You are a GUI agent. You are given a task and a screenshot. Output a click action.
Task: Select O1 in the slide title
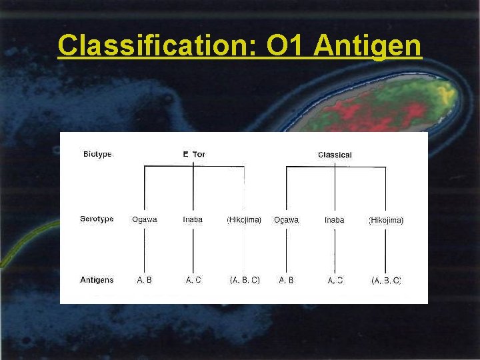[x=286, y=46]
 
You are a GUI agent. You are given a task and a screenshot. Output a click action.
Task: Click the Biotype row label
[x=97, y=154]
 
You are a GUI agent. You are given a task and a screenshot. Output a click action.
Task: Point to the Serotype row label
[x=97, y=219]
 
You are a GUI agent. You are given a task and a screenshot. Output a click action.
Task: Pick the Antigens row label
[x=97, y=280]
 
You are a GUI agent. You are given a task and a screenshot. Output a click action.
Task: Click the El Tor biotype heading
[x=194, y=154]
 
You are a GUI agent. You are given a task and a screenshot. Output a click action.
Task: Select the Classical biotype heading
[x=335, y=155]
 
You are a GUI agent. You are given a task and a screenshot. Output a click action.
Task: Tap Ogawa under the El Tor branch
[x=145, y=219]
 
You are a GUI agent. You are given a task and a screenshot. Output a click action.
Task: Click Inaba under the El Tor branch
[x=193, y=219]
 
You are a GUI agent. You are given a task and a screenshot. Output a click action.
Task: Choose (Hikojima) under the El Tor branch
[x=244, y=219]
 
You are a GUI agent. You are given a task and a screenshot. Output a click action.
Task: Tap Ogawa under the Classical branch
[x=286, y=219]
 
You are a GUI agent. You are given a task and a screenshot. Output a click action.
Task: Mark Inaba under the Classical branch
[x=335, y=219]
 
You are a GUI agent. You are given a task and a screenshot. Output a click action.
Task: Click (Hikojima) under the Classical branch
[x=386, y=220]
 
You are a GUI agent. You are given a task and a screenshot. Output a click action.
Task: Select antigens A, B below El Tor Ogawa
[x=145, y=280]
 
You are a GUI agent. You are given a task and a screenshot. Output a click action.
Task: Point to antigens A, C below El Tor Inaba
[x=193, y=280]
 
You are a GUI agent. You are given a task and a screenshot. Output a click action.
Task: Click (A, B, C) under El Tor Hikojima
[x=245, y=280]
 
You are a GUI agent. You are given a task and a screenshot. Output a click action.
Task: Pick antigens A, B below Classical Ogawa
[x=287, y=280]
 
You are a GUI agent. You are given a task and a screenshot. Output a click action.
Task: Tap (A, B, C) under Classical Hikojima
[x=386, y=281]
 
